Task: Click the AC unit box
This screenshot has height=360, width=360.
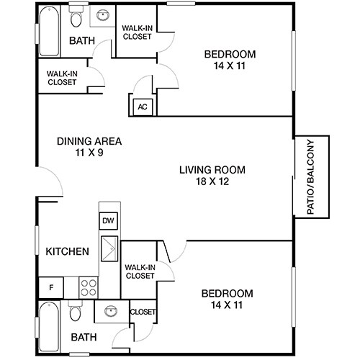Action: (143, 107)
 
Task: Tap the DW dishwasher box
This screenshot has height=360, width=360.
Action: (108, 221)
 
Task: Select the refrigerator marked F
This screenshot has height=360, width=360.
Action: (50, 287)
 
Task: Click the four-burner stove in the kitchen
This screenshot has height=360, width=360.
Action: (89, 287)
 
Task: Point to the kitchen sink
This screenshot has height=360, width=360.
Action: (109, 248)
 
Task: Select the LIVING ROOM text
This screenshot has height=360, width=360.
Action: (212, 170)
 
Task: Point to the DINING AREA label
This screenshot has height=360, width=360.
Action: (89, 141)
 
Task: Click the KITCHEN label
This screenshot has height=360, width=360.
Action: (67, 251)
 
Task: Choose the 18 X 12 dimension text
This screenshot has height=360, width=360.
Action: (212, 183)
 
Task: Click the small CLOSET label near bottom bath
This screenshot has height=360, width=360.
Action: (142, 312)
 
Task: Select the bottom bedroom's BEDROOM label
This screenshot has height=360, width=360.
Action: (227, 293)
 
